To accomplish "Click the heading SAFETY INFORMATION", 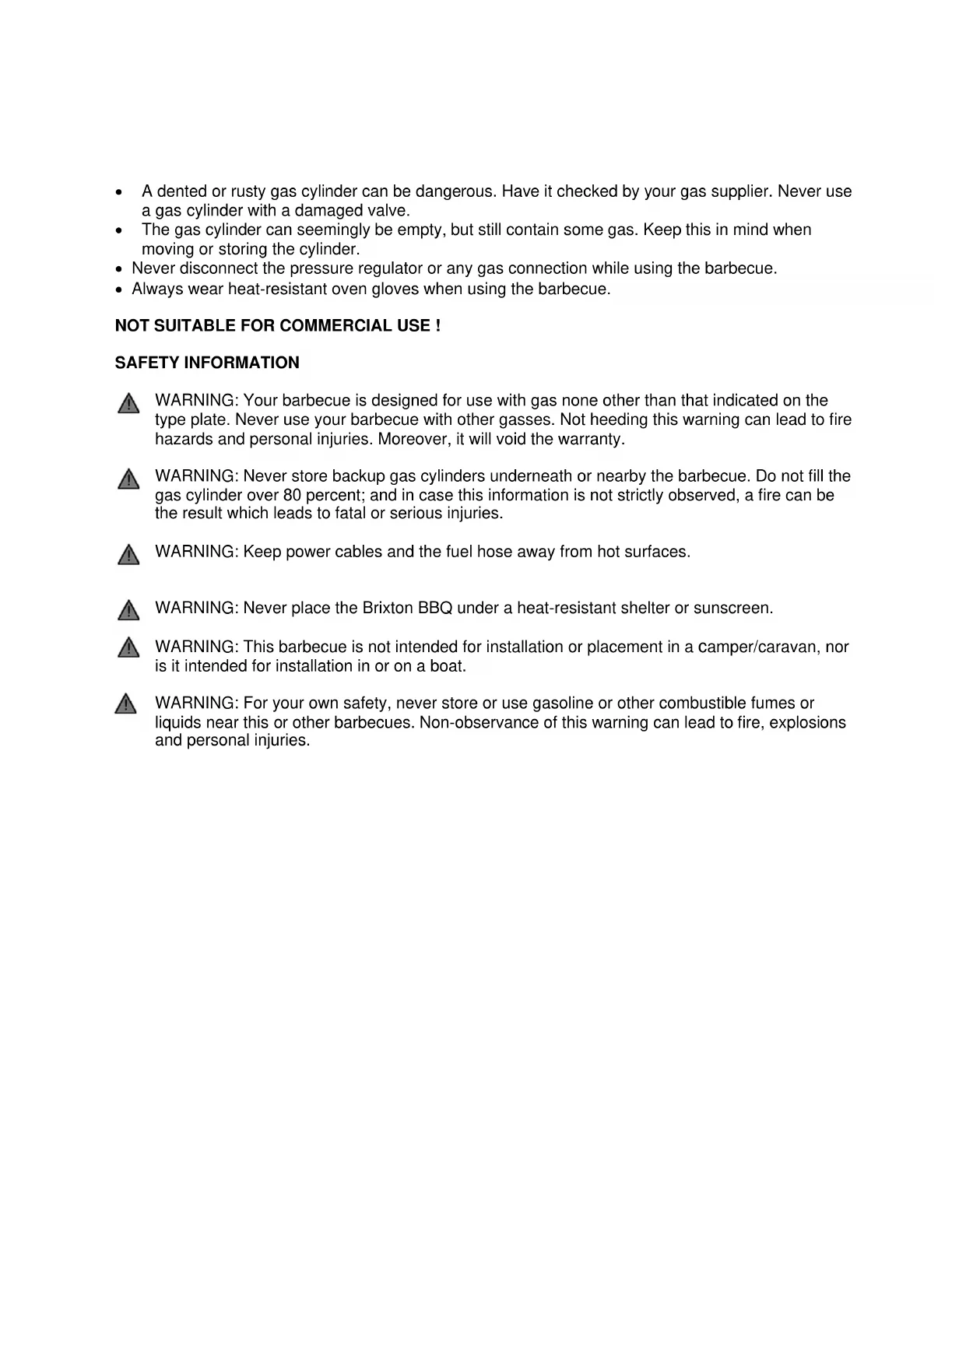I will [x=207, y=363].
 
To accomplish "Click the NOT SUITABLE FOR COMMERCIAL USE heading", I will [x=278, y=326].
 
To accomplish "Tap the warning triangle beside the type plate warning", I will [x=128, y=404].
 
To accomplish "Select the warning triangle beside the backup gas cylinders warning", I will [x=128, y=479].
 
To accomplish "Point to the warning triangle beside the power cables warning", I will [x=128, y=555].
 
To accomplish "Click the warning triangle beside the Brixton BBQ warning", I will [x=128, y=611].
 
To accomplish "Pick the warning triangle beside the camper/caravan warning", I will [x=128, y=647].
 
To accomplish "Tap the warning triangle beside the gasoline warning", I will [x=125, y=704].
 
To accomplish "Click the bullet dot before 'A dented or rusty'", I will [x=118, y=192].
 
